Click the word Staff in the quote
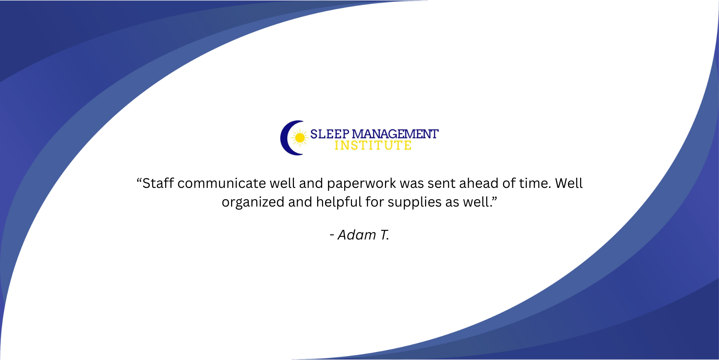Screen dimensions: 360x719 point(158,183)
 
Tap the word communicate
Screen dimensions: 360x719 point(222,183)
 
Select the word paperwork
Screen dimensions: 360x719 point(361,183)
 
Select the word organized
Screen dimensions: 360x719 point(253,202)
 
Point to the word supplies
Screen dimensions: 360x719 point(415,202)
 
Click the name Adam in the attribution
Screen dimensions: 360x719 point(357,235)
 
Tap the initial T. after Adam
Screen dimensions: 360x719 point(385,235)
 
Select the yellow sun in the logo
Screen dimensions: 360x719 point(300,138)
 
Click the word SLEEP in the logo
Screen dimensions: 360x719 point(330,134)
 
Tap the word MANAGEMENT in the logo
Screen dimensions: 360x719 point(395,134)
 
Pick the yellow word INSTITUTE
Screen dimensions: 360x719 point(373,145)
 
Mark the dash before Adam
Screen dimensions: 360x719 point(332,235)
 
